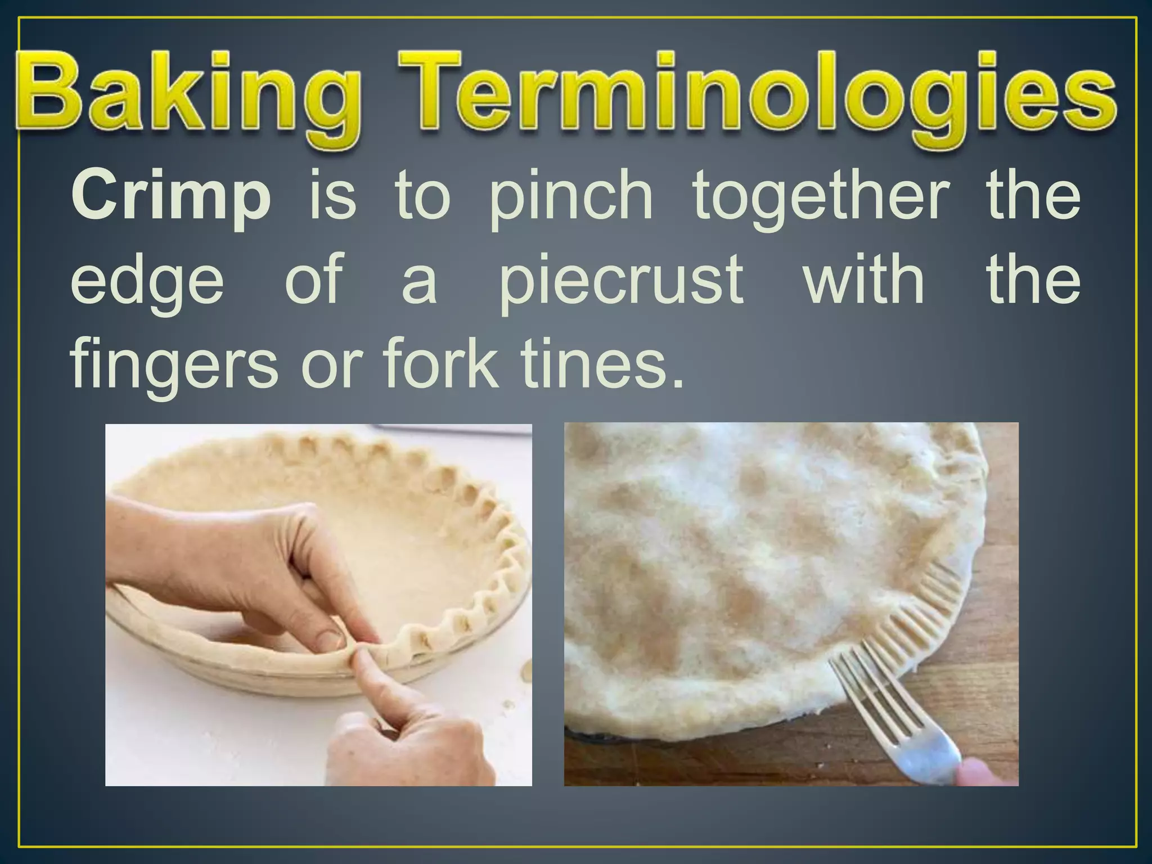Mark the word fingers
[x=174, y=366]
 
